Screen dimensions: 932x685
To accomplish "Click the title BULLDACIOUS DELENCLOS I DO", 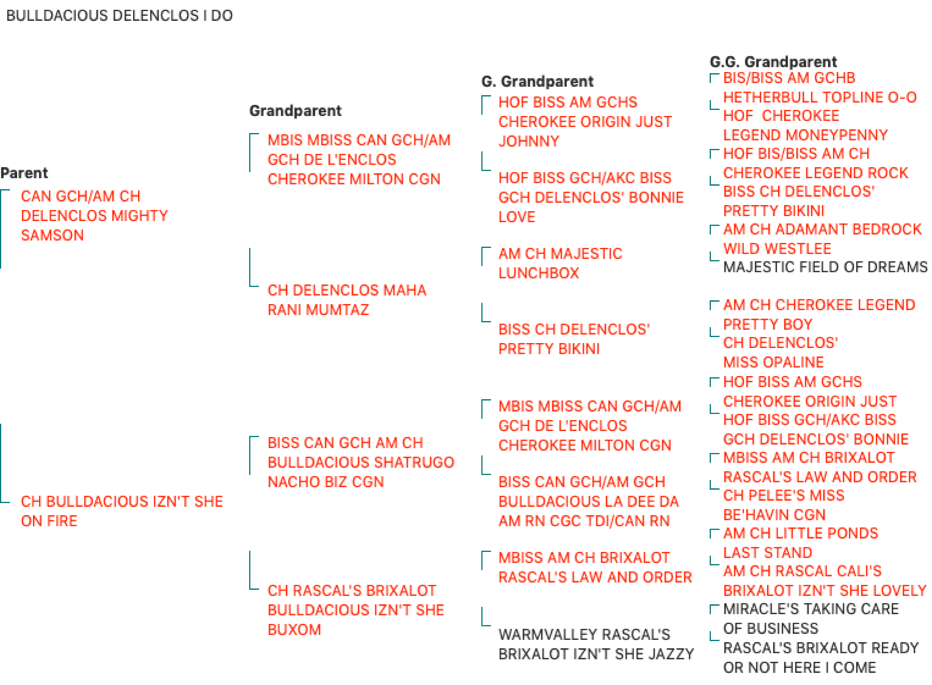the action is tap(119, 15).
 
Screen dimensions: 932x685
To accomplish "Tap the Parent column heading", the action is tap(24, 173).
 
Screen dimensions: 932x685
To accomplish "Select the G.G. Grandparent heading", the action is tap(773, 62).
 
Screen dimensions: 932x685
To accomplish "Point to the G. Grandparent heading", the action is tap(537, 81).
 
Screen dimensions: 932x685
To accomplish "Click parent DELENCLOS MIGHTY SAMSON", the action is tap(95, 216).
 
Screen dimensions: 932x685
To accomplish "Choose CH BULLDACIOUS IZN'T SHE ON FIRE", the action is tap(122, 511).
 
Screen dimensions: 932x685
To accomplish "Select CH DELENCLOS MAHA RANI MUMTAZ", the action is tap(347, 300).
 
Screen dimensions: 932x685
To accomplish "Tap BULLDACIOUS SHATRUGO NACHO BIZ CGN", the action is tap(361, 462).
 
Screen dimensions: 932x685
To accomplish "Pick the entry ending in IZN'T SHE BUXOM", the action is tap(356, 610).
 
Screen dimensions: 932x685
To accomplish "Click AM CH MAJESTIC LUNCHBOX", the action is tap(560, 263).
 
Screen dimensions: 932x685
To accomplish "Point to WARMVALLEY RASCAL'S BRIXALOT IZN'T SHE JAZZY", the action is tap(596, 644).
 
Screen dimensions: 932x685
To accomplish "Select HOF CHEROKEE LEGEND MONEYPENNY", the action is tap(805, 125).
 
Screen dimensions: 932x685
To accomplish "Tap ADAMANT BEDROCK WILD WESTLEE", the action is tap(822, 239).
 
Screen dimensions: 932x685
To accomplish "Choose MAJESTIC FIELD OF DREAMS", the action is tap(825, 267).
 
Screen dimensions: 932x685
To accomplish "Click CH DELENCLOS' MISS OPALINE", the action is tap(781, 352).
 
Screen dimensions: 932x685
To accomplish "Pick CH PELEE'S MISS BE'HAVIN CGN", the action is tap(784, 505).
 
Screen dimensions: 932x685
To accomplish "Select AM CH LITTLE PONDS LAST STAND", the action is tap(801, 543).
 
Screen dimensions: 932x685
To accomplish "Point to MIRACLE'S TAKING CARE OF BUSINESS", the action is tap(811, 619).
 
